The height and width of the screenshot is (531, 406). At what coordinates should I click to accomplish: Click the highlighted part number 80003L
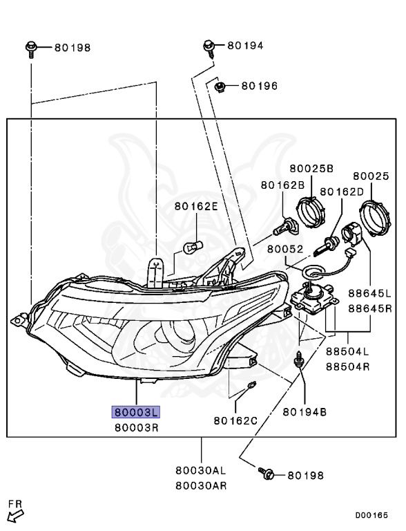coord(135,412)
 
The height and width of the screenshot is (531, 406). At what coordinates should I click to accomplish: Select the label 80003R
coord(136,428)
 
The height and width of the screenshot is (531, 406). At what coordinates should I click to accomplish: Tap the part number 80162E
coord(196,206)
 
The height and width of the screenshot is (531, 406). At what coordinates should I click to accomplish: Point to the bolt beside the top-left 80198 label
coord(31,49)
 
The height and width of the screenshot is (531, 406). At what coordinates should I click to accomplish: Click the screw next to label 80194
coord(209,49)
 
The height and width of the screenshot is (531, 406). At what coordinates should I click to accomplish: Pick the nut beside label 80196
coord(220,87)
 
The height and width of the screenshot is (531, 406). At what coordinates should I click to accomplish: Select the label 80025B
coord(311,168)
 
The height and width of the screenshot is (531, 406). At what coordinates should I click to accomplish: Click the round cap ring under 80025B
coord(310,212)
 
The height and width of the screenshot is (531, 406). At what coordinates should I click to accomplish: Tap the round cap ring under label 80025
coord(374,218)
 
